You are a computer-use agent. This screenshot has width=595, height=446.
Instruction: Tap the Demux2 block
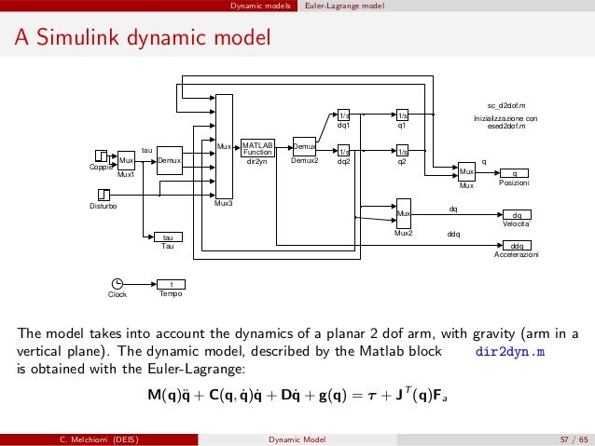[x=305, y=148]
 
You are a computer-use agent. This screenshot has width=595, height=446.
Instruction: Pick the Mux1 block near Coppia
[x=126, y=160]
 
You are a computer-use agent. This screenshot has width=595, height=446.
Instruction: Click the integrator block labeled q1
[x=403, y=116]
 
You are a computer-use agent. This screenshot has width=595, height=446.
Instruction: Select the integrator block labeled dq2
[x=343, y=150]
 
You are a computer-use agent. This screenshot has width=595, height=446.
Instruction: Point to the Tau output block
[x=168, y=237]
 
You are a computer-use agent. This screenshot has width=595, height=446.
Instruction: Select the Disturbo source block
[x=104, y=194]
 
